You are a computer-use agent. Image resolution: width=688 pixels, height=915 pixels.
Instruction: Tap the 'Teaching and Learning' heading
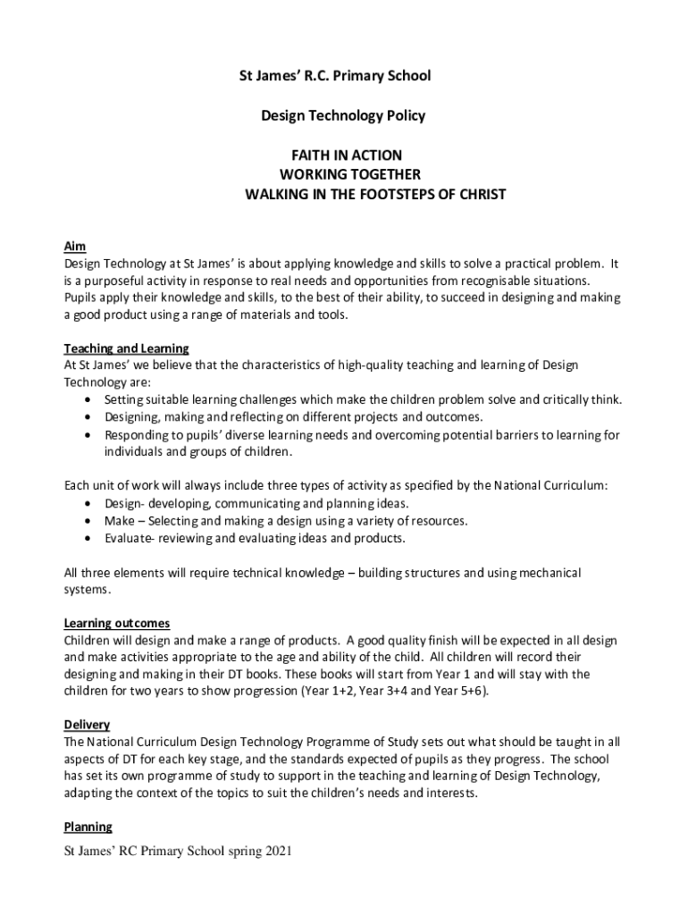(126, 348)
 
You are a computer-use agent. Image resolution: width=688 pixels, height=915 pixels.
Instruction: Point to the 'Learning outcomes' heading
(117, 623)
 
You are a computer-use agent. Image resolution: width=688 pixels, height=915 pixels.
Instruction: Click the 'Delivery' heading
(87, 725)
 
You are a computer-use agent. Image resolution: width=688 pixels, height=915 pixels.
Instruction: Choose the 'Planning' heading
(88, 827)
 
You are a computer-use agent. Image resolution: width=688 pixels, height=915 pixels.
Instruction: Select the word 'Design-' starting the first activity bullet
(124, 503)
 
